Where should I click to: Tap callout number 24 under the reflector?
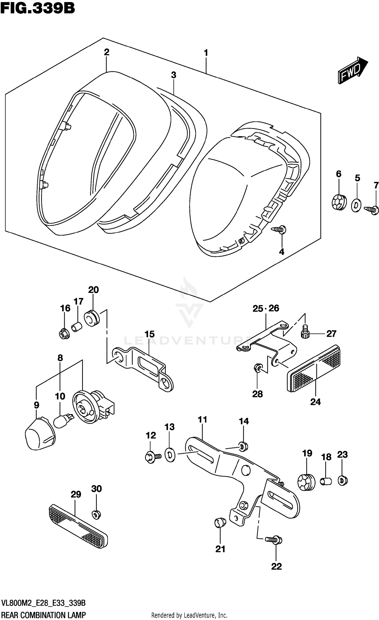pyautogui.click(x=315, y=401)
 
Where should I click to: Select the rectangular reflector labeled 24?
pyautogui.click(x=313, y=369)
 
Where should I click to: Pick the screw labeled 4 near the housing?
pyautogui.click(x=279, y=229)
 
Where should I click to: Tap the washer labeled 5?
pyautogui.click(x=356, y=205)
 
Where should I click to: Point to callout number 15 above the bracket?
pyautogui.click(x=149, y=334)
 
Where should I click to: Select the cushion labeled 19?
pyautogui.click(x=306, y=482)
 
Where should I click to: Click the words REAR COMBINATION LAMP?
pyautogui.click(x=43, y=614)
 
